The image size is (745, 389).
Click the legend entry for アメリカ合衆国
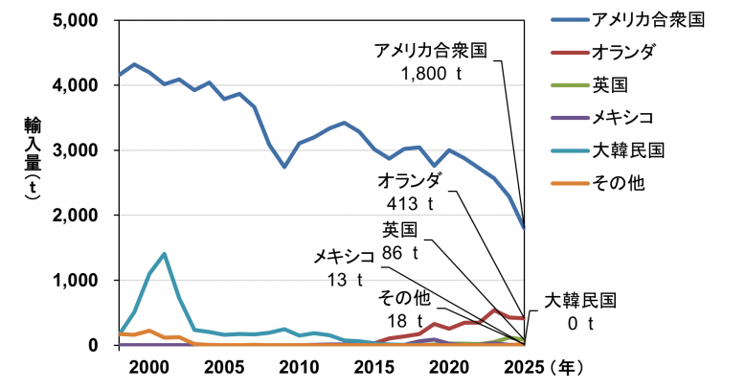tap(649, 19)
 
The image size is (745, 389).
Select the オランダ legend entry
tap(623, 52)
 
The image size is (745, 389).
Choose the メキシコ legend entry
tap(623, 117)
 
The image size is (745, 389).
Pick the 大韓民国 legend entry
tap(628, 149)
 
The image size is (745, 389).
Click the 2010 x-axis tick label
tap(299, 366)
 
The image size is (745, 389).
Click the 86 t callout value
tap(401, 253)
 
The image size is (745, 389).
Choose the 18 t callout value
tap(402, 320)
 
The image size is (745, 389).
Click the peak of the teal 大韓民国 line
tap(165, 254)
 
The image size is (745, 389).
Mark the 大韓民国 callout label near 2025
tap(580, 301)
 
